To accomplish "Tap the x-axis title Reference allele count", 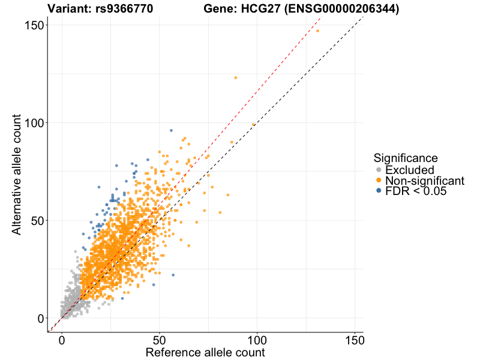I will pos(205,352).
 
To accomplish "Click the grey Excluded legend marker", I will pos(379,170).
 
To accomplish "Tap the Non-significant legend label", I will pos(425,181).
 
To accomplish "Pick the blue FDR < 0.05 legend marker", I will pos(379,191).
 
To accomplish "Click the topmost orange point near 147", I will pos(318,31).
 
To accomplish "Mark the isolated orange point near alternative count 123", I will pos(236,77).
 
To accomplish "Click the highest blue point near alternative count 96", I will pos(171,130).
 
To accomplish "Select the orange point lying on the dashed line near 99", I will pos(253,125).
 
